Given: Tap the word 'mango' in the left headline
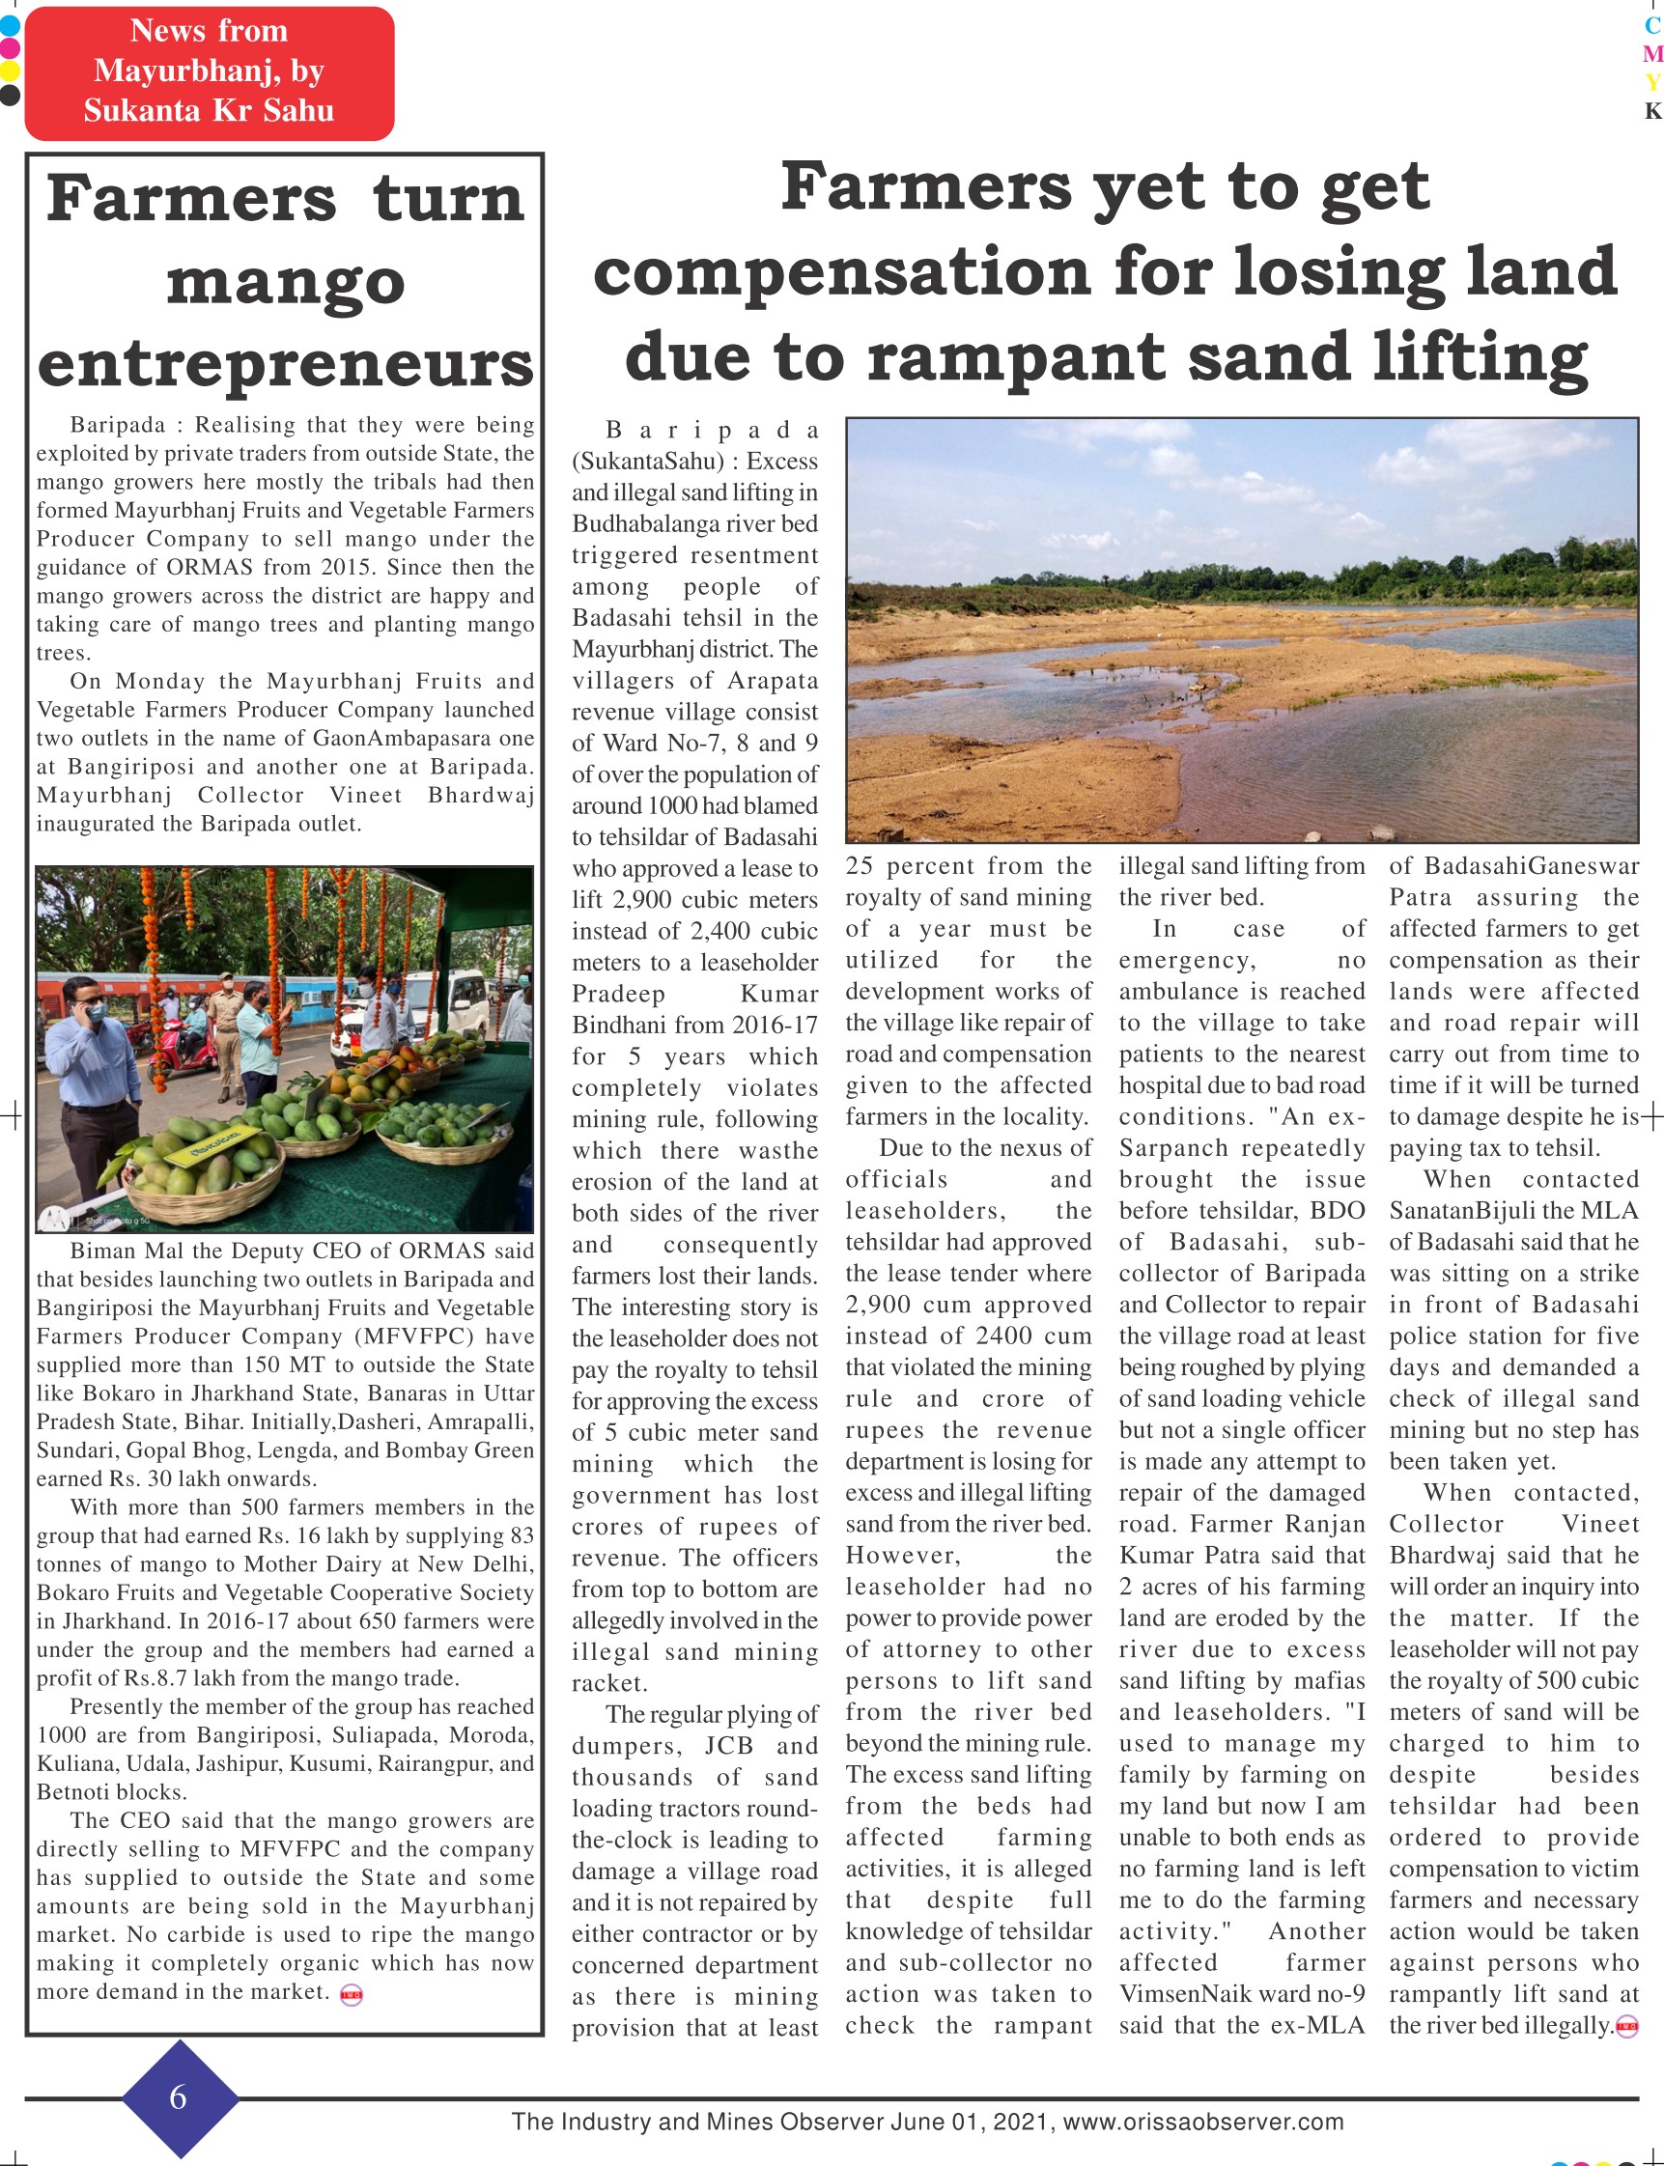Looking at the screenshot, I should click(x=285, y=281).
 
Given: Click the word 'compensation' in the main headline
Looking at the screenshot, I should click(x=841, y=270).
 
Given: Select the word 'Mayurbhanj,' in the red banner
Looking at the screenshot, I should click(x=208, y=70).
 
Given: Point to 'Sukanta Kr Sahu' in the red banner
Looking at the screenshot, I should click(x=208, y=110).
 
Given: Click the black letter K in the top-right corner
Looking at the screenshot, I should click(x=1652, y=111).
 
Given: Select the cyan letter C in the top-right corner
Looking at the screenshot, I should click(x=1652, y=27).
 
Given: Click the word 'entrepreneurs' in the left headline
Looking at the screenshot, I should click(x=285, y=363).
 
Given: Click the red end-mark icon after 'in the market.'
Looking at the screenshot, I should click(x=351, y=1996).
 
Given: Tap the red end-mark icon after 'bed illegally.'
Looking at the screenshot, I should click(x=1626, y=2026).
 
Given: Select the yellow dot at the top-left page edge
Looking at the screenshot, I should click(x=9, y=71).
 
